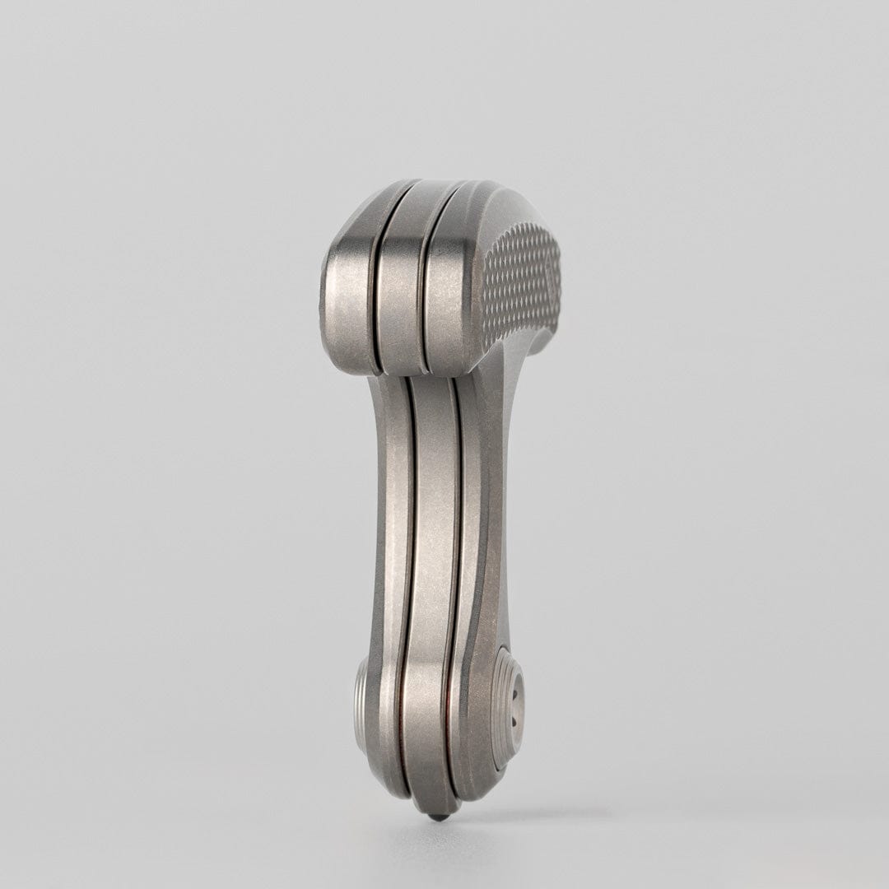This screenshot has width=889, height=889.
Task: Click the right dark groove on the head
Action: [424, 296]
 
